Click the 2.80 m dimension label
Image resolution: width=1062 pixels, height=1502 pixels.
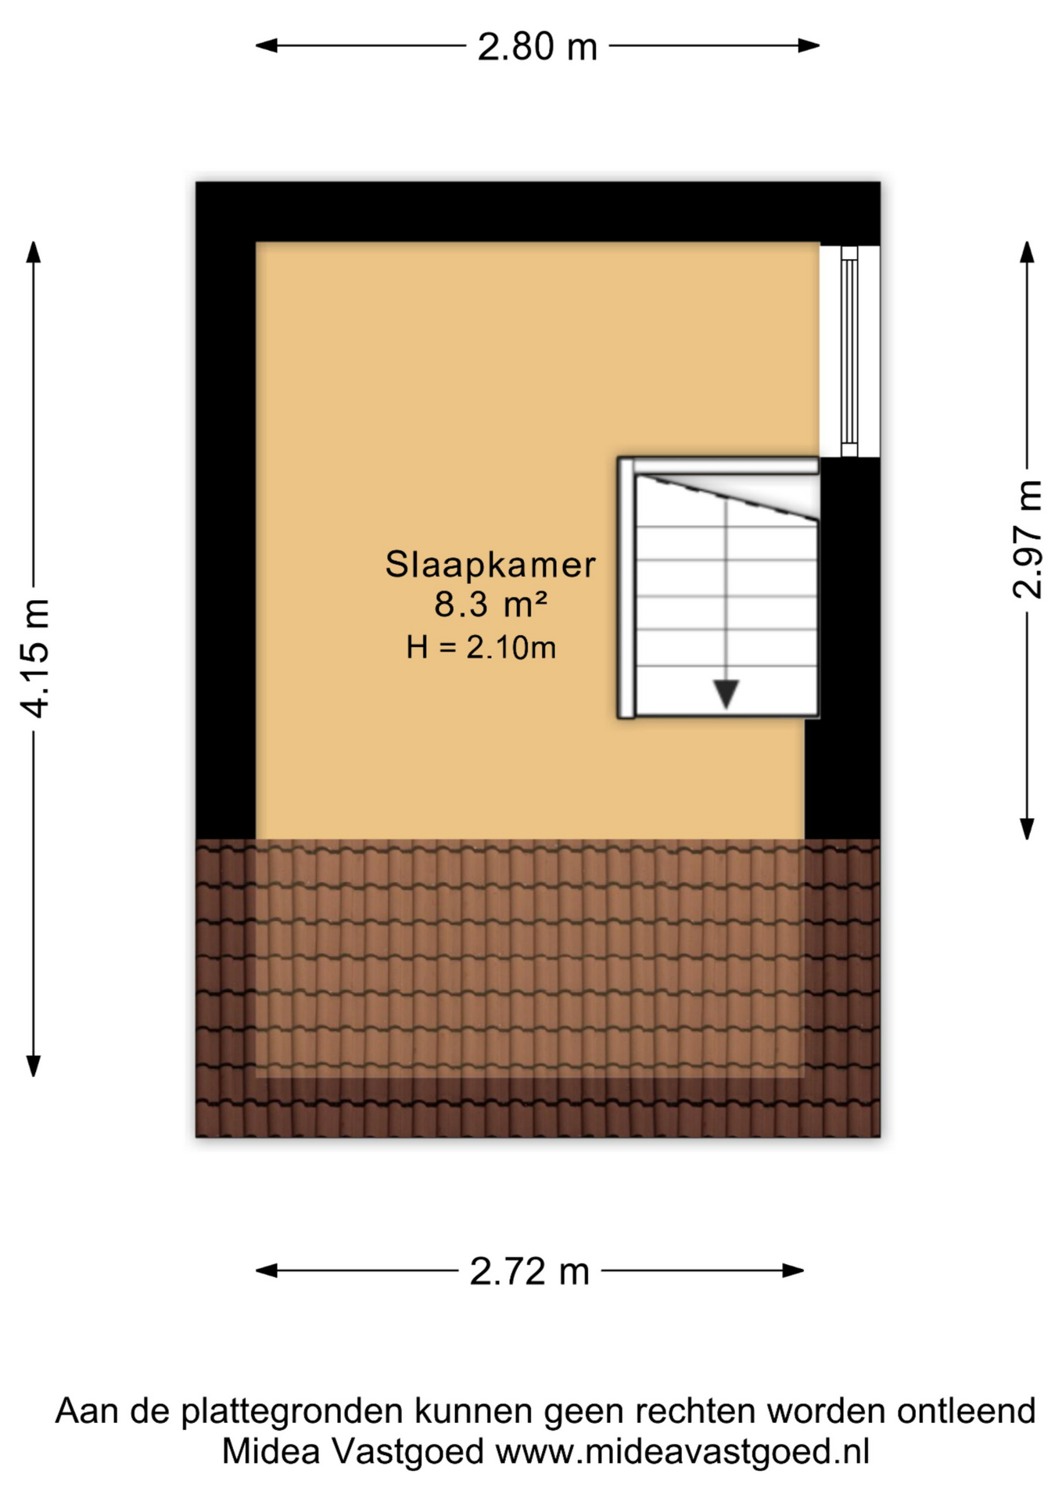(537, 47)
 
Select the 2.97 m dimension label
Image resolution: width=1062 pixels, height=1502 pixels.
(1028, 541)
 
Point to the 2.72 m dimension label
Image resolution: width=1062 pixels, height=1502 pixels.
(529, 1271)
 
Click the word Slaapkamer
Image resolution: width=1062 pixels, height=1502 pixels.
(490, 565)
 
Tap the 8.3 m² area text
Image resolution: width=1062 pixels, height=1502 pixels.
(490, 605)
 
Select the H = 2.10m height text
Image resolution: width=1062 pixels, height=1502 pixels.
(481, 648)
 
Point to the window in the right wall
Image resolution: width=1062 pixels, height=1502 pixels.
(849, 351)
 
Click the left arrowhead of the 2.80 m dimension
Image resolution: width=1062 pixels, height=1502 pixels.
(266, 45)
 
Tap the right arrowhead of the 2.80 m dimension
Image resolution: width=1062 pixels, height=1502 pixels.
(809, 45)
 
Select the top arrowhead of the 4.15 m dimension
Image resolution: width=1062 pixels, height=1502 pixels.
(33, 252)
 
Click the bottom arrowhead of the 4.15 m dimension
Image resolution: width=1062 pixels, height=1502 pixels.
(33, 1066)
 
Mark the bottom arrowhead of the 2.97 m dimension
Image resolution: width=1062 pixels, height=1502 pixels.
(1028, 829)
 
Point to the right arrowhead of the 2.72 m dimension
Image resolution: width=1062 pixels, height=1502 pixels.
(794, 1270)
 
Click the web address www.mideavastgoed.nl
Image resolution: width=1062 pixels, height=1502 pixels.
(683, 1452)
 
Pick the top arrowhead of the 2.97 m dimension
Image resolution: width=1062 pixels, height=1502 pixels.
(1028, 252)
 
